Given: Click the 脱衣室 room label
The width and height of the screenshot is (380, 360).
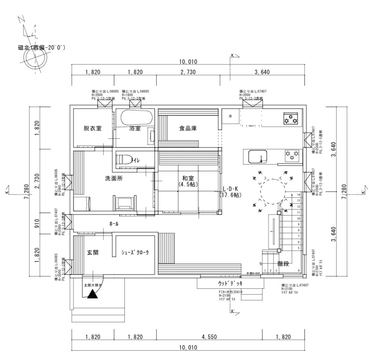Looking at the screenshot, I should click(x=92, y=129).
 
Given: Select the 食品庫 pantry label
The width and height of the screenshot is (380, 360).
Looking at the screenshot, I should click(x=187, y=129).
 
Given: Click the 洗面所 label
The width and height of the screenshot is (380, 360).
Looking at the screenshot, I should click(x=114, y=178).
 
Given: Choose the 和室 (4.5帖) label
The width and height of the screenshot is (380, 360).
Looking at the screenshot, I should click(x=187, y=181).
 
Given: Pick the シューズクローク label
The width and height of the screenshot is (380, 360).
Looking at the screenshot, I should click(x=135, y=253).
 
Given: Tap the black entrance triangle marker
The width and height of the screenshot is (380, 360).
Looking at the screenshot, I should click(x=92, y=295).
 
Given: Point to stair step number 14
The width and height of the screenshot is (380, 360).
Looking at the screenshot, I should click(x=298, y=195).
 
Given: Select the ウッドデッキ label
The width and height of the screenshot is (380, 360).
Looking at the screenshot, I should click(x=230, y=283).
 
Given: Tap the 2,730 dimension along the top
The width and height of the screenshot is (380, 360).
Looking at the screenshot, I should click(x=188, y=72).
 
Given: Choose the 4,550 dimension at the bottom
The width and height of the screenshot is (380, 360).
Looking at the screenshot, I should click(x=209, y=337).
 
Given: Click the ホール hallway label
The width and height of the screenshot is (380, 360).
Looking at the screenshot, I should click(x=114, y=224).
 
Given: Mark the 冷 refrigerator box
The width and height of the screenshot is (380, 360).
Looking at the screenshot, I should click(x=230, y=117).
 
